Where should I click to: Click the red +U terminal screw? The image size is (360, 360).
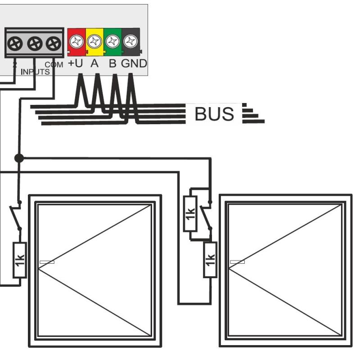77,42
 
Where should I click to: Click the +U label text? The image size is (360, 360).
76,64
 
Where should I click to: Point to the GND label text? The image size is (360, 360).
134,64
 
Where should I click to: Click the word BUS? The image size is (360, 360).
214,114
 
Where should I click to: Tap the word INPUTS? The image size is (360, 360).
35,72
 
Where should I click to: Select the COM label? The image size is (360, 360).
54,65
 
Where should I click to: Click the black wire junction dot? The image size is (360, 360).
19,158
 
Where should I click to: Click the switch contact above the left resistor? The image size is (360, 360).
16,216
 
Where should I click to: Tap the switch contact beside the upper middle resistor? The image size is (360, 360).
207,216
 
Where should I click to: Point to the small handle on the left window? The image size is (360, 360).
47,262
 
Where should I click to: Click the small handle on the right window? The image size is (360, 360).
237,262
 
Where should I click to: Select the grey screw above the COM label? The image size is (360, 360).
54,44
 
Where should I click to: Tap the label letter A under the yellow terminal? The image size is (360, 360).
94,64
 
